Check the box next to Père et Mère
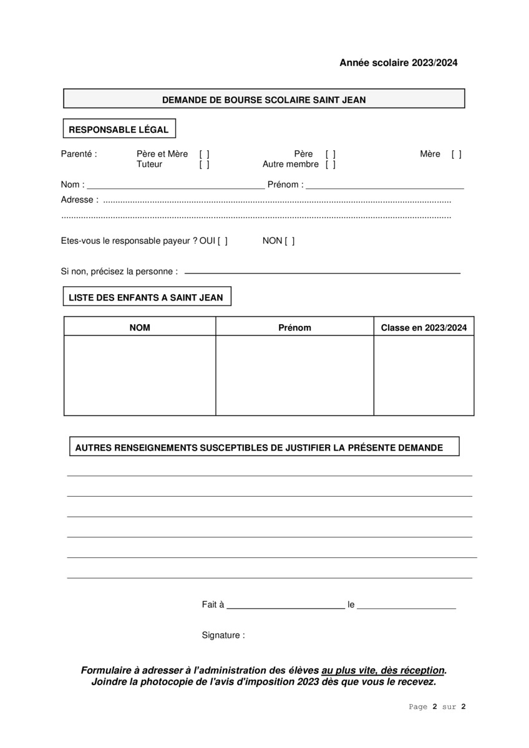pos(204,154)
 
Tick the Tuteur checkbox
pos(204,165)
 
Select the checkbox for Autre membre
pos(330,165)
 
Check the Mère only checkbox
pos(457,154)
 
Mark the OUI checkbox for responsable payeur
pos(223,241)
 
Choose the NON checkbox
pos(289,241)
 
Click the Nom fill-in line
pos(175,186)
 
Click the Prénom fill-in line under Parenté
pos(384,186)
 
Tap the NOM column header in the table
pos(140,327)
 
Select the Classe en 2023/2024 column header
pos(424,327)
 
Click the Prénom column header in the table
pos(294,327)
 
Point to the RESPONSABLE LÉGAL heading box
pos(119,130)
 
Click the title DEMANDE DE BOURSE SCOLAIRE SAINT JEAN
pos(264,99)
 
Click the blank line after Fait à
pos(285,605)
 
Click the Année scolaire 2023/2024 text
pos(398,62)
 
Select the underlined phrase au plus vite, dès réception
pos(383,671)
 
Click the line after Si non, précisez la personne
pos(322,272)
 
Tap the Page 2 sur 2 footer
pos(437,707)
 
